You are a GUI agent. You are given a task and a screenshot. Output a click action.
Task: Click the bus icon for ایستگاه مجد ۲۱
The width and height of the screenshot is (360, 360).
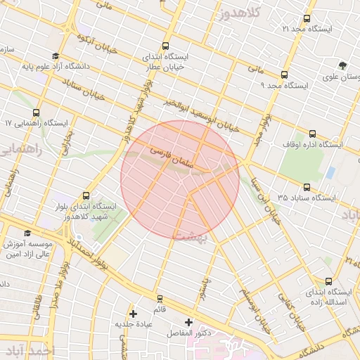(307, 18)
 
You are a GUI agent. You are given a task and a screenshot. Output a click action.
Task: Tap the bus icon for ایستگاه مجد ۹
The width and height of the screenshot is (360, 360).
(284, 75)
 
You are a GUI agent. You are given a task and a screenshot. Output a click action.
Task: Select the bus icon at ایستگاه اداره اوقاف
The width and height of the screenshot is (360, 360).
(313, 134)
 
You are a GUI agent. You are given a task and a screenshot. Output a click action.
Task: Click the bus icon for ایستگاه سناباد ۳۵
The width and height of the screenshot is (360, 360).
(307, 187)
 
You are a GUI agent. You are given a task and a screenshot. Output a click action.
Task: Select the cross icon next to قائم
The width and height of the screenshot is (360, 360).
(133, 313)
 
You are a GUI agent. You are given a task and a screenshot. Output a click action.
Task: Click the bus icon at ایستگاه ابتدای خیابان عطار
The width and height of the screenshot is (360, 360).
(165, 45)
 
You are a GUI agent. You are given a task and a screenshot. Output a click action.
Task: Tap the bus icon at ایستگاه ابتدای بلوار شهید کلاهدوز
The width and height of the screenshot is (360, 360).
(86, 196)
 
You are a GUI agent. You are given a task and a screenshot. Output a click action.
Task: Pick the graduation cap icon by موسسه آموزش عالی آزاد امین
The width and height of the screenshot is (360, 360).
(27, 233)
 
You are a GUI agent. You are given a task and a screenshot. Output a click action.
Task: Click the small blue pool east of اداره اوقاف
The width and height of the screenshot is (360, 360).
(330, 172)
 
